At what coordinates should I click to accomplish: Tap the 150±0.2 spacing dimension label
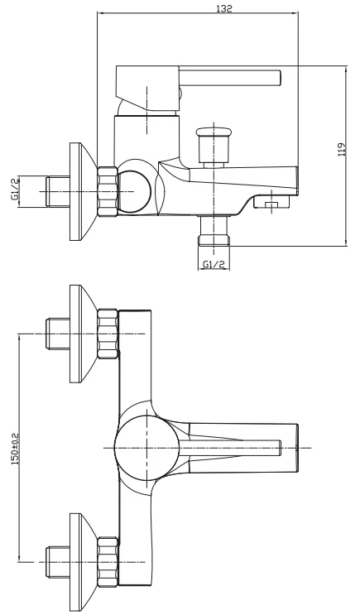tap(16, 447)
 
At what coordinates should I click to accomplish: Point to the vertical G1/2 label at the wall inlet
tap(16, 190)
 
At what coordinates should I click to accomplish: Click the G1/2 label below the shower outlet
tap(214, 264)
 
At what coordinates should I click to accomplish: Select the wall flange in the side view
tap(83, 190)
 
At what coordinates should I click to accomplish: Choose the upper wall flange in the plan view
tap(83, 334)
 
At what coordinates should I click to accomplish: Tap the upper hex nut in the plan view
tap(108, 334)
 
